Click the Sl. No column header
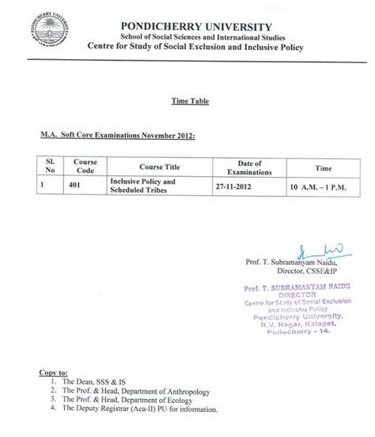49,165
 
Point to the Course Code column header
86,165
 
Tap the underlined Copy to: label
52,371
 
